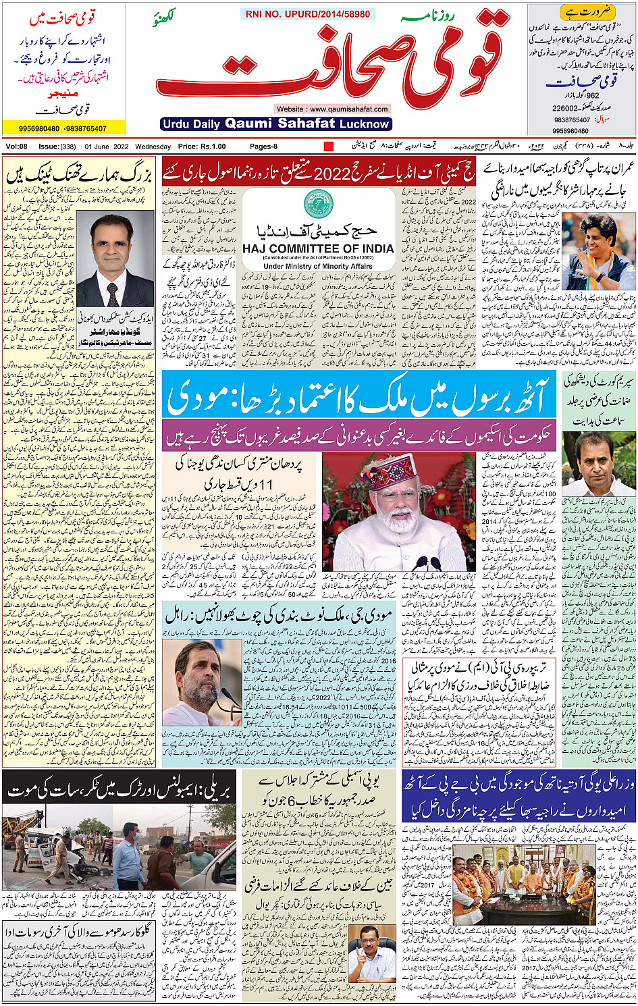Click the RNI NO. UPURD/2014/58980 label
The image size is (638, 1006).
[308, 14]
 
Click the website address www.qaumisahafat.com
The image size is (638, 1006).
[332, 109]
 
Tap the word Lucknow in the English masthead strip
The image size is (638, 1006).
[365, 124]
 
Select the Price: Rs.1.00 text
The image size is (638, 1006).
[202, 147]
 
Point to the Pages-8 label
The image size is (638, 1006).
[263, 147]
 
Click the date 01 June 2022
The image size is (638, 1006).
[107, 147]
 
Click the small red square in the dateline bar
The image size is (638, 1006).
[329, 147]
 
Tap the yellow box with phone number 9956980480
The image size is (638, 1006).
[63, 128]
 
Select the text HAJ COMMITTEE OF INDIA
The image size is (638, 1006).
[318, 248]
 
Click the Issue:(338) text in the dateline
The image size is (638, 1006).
[57, 147]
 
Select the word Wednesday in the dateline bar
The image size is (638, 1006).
[153, 147]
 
